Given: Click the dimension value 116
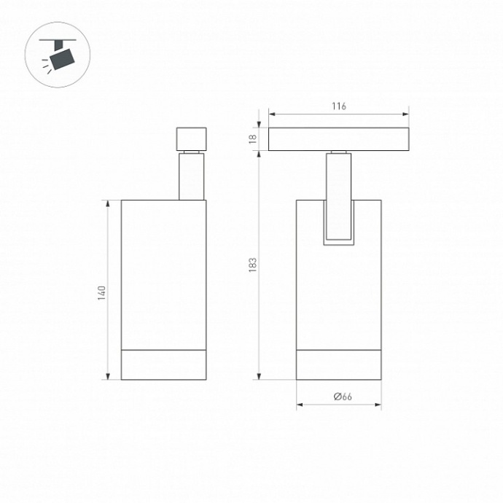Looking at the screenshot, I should pyautogui.click(x=338, y=106).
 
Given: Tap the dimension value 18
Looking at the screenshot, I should pyautogui.click(x=253, y=139).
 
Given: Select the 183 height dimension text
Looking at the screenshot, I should pyautogui.click(x=253, y=265).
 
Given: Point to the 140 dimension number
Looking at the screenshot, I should pyautogui.click(x=103, y=292).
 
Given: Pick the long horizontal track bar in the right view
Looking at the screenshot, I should pyautogui.click(x=338, y=139).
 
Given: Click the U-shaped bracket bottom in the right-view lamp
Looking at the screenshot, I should pyautogui.click(x=338, y=242).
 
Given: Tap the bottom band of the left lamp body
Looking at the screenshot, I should pyautogui.click(x=163, y=364).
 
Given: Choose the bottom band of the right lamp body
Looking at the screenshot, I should pyautogui.click(x=338, y=364).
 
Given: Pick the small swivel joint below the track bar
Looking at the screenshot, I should pyautogui.click(x=338, y=152).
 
